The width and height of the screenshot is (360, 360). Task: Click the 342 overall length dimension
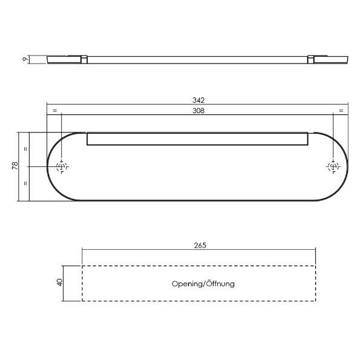pyautogui.click(x=198, y=100)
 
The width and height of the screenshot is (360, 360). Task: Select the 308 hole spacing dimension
pyautogui.click(x=198, y=111)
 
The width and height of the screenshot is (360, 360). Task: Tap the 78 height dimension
pyautogui.click(x=15, y=166)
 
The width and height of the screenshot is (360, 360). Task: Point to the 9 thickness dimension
pyautogui.click(x=25, y=59)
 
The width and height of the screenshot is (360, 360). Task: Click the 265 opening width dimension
pyautogui.click(x=200, y=246)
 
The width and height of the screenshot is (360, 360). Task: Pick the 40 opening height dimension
pyautogui.click(x=60, y=283)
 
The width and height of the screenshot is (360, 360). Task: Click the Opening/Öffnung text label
pyautogui.click(x=203, y=284)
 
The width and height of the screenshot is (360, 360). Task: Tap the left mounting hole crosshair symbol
pyautogui.click(x=62, y=166)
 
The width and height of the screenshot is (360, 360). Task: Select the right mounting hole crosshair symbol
pyautogui.click(x=333, y=166)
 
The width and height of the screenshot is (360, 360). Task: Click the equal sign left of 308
pyautogui.click(x=54, y=111)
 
